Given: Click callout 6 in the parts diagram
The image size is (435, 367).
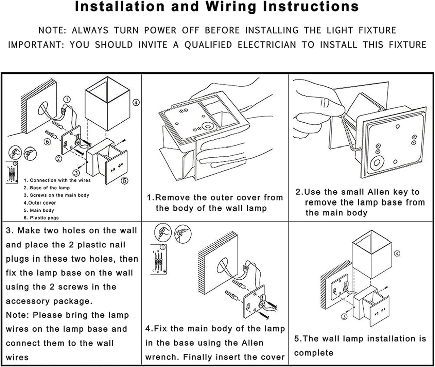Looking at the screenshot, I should pyautogui.click(x=47, y=141).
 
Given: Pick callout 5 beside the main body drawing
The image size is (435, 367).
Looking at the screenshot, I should pyautogui.click(x=125, y=180).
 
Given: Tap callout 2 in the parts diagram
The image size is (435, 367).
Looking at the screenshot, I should pyautogui.click(x=59, y=158).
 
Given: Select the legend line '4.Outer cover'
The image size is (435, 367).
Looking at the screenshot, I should pyautogui.click(x=40, y=203).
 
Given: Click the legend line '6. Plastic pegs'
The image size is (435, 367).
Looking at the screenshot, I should pyautogui.click(x=41, y=218).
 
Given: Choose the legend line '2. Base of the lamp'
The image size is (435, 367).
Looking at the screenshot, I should pyautogui.click(x=47, y=188).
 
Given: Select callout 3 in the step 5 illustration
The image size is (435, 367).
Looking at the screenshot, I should pyautogui.click(x=344, y=317).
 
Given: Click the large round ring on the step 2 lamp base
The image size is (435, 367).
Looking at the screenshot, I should pyautogui.click(x=377, y=163).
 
